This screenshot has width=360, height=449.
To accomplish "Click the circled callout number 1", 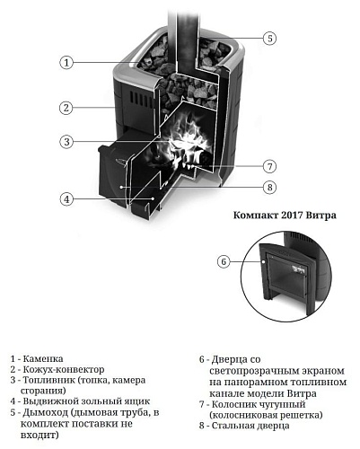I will pos(66,62).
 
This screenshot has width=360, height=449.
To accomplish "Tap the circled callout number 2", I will pos(66,108).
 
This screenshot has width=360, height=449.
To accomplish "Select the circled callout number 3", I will pos(66,141).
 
